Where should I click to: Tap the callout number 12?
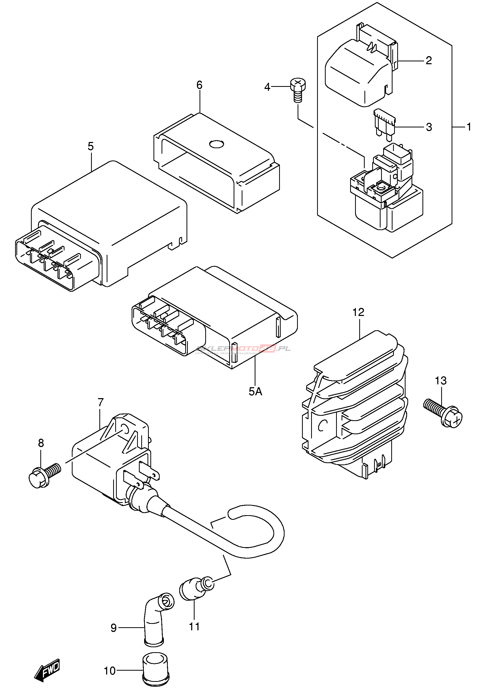[358, 312]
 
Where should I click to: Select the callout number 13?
[440, 380]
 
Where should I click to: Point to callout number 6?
[199, 85]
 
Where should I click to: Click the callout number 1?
[469, 127]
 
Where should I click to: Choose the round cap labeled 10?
[156, 668]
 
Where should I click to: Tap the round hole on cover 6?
[217, 144]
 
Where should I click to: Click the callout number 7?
[101, 402]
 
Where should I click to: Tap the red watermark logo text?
[244, 349]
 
